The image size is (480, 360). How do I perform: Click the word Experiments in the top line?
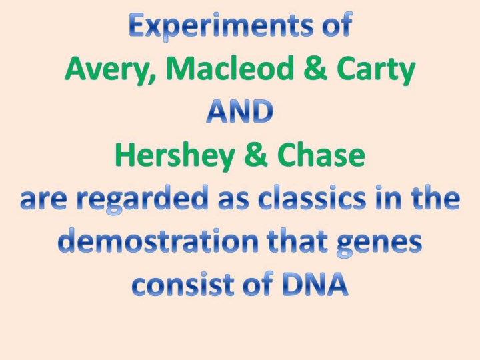(221, 26)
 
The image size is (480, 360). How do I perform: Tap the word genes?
(379, 243)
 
